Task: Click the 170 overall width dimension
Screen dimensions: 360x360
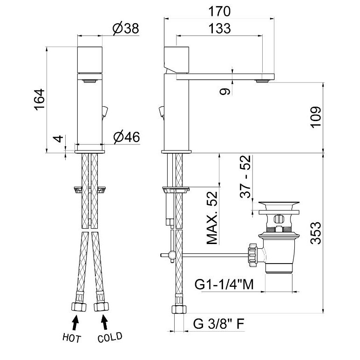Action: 219,12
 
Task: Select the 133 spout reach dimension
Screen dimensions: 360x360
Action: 220,28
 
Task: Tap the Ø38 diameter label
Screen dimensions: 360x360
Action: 126,29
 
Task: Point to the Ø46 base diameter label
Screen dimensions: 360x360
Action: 127,137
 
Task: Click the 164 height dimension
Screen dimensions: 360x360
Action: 40,100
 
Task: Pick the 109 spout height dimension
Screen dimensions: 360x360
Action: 316,117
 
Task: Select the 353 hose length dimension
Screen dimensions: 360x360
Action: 316,233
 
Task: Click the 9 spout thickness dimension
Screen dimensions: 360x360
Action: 225,92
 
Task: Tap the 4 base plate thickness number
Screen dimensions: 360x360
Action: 58,139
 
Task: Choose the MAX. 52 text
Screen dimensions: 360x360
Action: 212,218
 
